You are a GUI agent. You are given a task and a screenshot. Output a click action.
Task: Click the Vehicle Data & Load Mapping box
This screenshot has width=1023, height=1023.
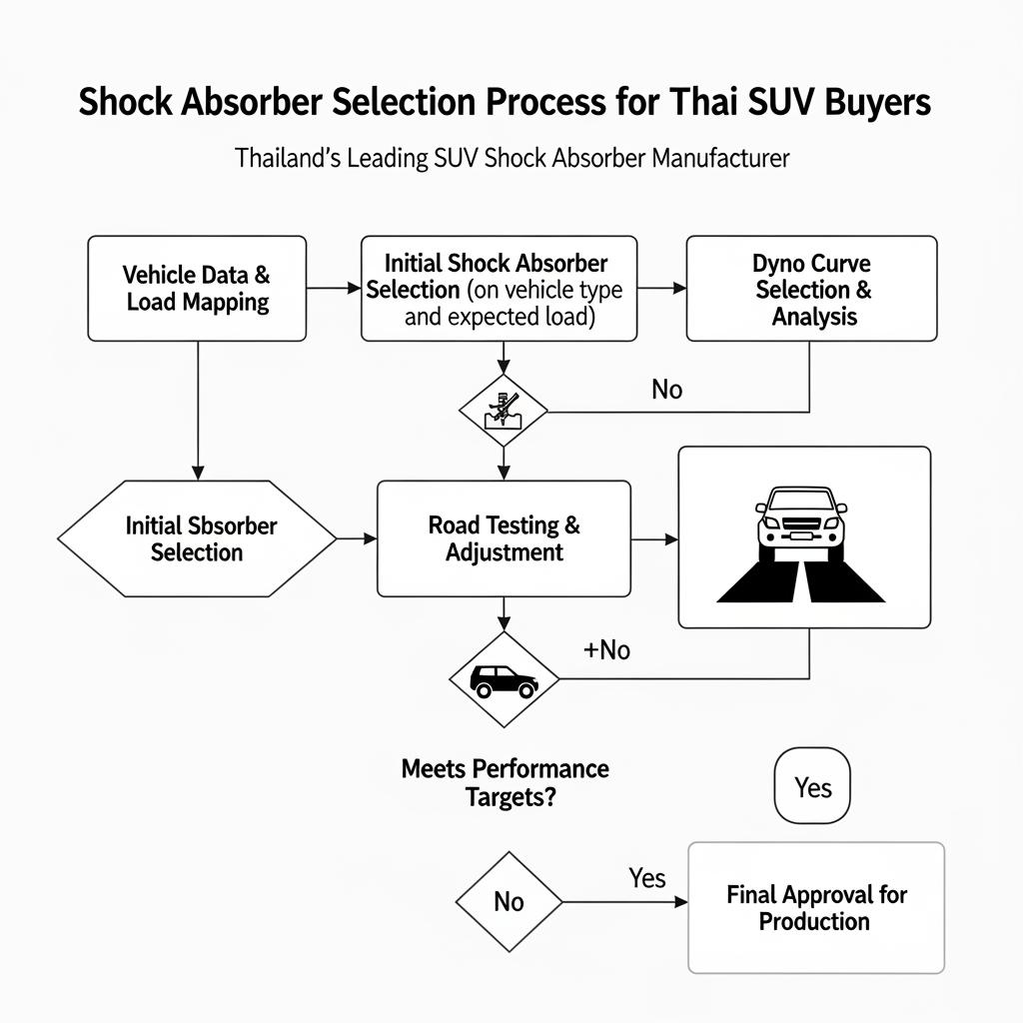[x=197, y=288]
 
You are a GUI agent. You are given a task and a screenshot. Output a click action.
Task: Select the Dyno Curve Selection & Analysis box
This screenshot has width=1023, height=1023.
[x=811, y=289]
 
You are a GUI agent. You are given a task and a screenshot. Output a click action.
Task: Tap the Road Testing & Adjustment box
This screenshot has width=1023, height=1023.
[x=504, y=538]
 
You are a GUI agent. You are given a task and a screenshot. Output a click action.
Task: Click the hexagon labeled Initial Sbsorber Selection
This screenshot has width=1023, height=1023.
[x=198, y=538]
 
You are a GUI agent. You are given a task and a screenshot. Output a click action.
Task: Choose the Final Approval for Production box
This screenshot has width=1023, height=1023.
[x=815, y=907]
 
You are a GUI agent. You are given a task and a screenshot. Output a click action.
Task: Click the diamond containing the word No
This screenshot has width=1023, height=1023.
[x=509, y=902]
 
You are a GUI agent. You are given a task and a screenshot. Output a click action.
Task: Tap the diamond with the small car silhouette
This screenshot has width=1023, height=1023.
[x=504, y=680]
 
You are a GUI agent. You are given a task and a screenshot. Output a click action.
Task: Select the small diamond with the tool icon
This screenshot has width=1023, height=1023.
[x=503, y=410]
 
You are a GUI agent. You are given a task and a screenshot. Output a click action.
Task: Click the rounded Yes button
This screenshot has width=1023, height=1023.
[x=812, y=787]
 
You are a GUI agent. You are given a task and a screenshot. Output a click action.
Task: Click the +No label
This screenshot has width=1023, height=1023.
[x=606, y=650]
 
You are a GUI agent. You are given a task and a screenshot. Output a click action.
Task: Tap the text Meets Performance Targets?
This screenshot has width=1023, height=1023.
[x=505, y=782]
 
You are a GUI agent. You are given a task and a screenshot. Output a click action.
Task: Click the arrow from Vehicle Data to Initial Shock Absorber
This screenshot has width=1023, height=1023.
[x=333, y=289]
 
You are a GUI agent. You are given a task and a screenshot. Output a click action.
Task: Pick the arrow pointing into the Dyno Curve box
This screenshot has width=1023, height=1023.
[x=661, y=289]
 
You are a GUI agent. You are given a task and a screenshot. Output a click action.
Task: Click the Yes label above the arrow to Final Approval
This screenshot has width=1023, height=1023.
[x=646, y=877]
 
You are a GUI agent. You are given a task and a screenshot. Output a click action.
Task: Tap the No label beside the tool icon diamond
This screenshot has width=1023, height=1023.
[x=666, y=389]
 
